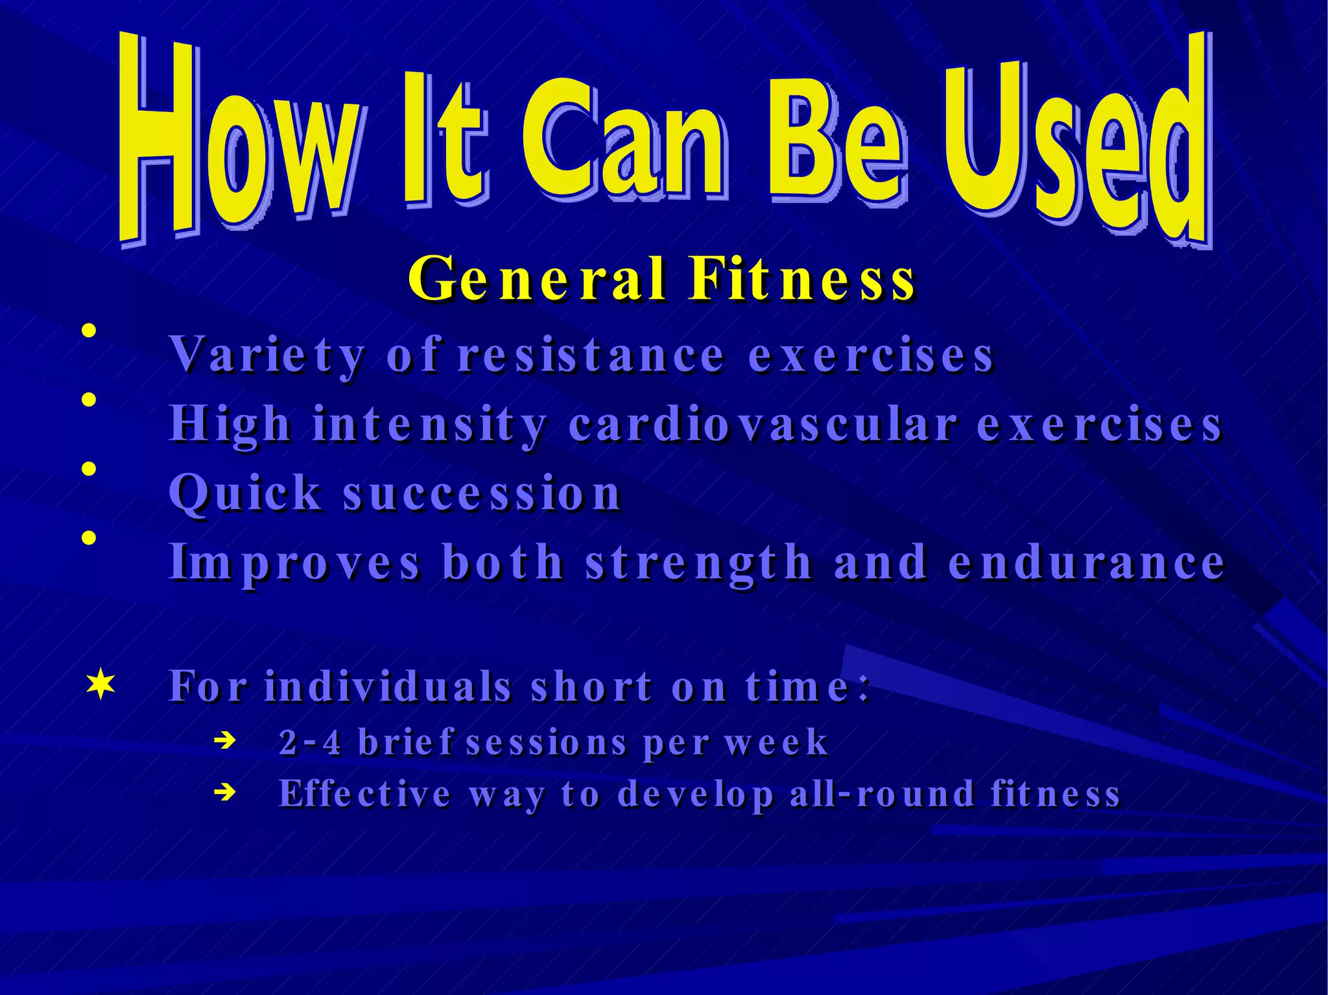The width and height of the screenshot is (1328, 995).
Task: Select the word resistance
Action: coord(591,356)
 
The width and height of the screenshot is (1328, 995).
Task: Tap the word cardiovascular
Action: coord(763,425)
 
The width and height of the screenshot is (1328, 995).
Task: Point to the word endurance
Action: coord(1086,563)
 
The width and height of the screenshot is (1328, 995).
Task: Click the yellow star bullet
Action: coord(101,685)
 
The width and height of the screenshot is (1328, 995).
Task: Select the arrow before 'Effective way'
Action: coord(224,791)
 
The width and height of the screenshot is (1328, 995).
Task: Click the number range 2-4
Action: coord(309,743)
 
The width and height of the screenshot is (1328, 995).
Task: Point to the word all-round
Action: coord(882,794)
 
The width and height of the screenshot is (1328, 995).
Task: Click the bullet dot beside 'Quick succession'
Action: coord(89,469)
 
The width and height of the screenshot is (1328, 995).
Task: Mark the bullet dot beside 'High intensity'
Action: coord(89,399)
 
